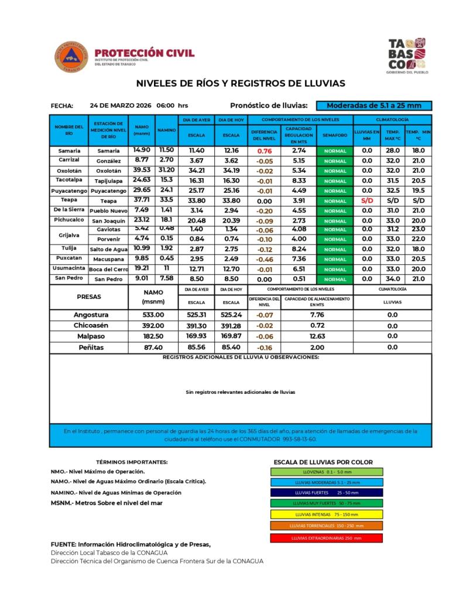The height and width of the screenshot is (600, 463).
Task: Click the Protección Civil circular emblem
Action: (x=71, y=57)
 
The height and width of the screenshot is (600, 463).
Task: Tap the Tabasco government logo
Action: (x=408, y=54)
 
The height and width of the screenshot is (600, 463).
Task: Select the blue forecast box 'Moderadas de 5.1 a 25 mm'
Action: (x=374, y=105)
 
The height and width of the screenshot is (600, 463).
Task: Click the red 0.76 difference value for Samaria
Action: (x=265, y=151)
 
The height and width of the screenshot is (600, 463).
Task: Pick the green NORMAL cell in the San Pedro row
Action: (x=335, y=279)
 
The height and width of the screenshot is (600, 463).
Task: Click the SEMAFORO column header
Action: (x=335, y=135)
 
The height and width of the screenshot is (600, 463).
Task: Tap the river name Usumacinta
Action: (x=69, y=268)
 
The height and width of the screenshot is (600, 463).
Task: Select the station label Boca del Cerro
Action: (x=108, y=270)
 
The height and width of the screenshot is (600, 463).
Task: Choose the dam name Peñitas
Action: (x=89, y=347)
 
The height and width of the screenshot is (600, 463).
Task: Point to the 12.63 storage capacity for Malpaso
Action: (x=317, y=336)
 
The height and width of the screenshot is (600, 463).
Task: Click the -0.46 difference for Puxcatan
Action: (x=265, y=259)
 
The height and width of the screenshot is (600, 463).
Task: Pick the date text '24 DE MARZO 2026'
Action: (x=121, y=105)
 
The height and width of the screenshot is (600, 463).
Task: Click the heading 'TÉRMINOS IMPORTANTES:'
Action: (x=132, y=462)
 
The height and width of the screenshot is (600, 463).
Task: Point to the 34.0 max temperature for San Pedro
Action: (x=393, y=279)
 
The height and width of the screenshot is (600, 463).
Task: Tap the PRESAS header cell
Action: (x=89, y=296)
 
